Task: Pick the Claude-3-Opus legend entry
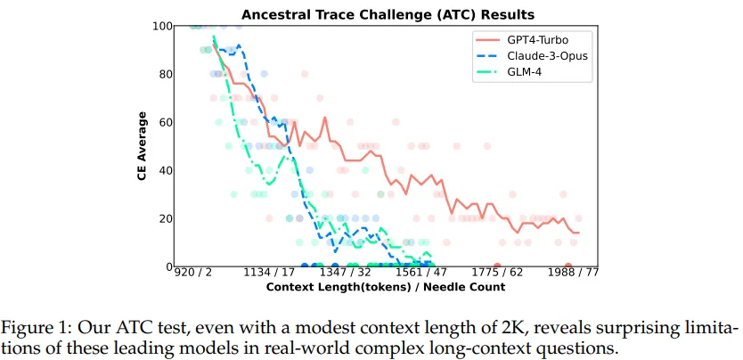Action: pos(545,56)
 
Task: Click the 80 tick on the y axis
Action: pos(163,74)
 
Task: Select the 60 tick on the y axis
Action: pos(163,122)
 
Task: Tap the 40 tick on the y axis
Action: pos(163,170)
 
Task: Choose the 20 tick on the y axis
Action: pos(163,218)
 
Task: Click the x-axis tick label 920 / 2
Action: pos(193,274)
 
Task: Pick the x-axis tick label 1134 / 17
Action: pos(270,274)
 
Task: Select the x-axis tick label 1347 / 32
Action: pos(347,274)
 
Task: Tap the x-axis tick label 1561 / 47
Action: pos(423,274)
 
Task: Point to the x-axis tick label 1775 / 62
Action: pos(498,274)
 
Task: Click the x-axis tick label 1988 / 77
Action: pos(574,274)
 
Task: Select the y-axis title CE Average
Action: pos(142,146)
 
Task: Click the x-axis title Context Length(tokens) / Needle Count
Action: pos(385,287)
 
